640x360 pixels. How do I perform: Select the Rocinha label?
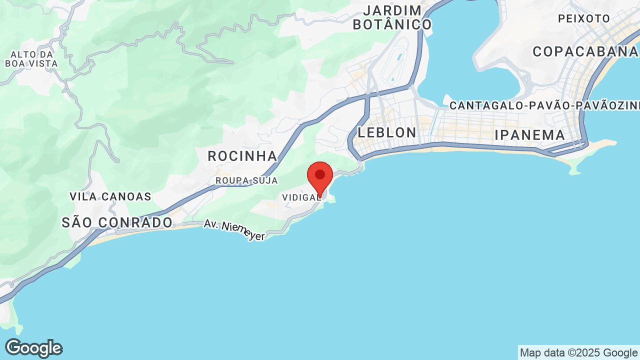click(242, 156)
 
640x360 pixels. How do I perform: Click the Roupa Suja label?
click(246, 180)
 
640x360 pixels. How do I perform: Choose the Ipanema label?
click(529, 135)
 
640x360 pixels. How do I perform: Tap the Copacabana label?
click(585, 52)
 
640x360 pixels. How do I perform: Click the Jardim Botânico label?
click(392, 17)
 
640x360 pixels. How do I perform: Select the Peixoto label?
click(584, 19)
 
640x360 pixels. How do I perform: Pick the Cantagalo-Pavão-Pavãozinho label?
click(544, 105)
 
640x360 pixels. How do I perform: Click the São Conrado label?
click(117, 222)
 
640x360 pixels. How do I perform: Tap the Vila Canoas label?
click(110, 196)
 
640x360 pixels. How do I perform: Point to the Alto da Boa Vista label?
click(31, 59)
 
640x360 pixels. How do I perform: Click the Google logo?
click(33, 348)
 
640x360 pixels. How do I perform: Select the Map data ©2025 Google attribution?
click(578, 352)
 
